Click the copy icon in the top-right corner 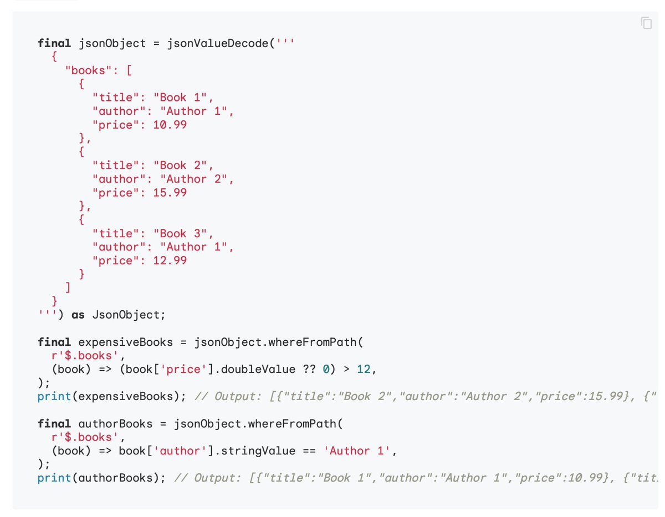(x=646, y=23)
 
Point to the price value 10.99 (x=170, y=125)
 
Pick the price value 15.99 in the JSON (x=170, y=193)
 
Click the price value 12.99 (x=170, y=260)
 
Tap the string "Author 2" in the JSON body (x=194, y=179)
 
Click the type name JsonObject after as (x=125, y=315)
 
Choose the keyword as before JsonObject (x=78, y=315)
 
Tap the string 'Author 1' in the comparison (x=360, y=451)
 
